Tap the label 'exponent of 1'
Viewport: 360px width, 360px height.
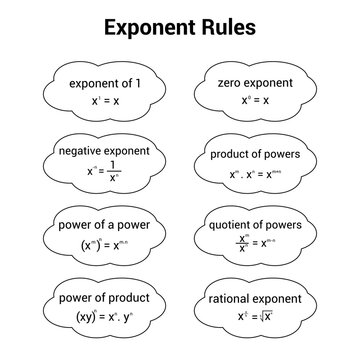click(x=104, y=83)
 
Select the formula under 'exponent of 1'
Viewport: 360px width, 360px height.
click(x=104, y=102)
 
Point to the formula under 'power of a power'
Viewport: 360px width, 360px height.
click(x=104, y=245)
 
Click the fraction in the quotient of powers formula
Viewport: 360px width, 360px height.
click(x=240, y=244)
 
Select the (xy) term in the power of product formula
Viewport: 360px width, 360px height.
click(x=84, y=317)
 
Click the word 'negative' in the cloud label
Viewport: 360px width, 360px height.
click(x=73, y=152)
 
